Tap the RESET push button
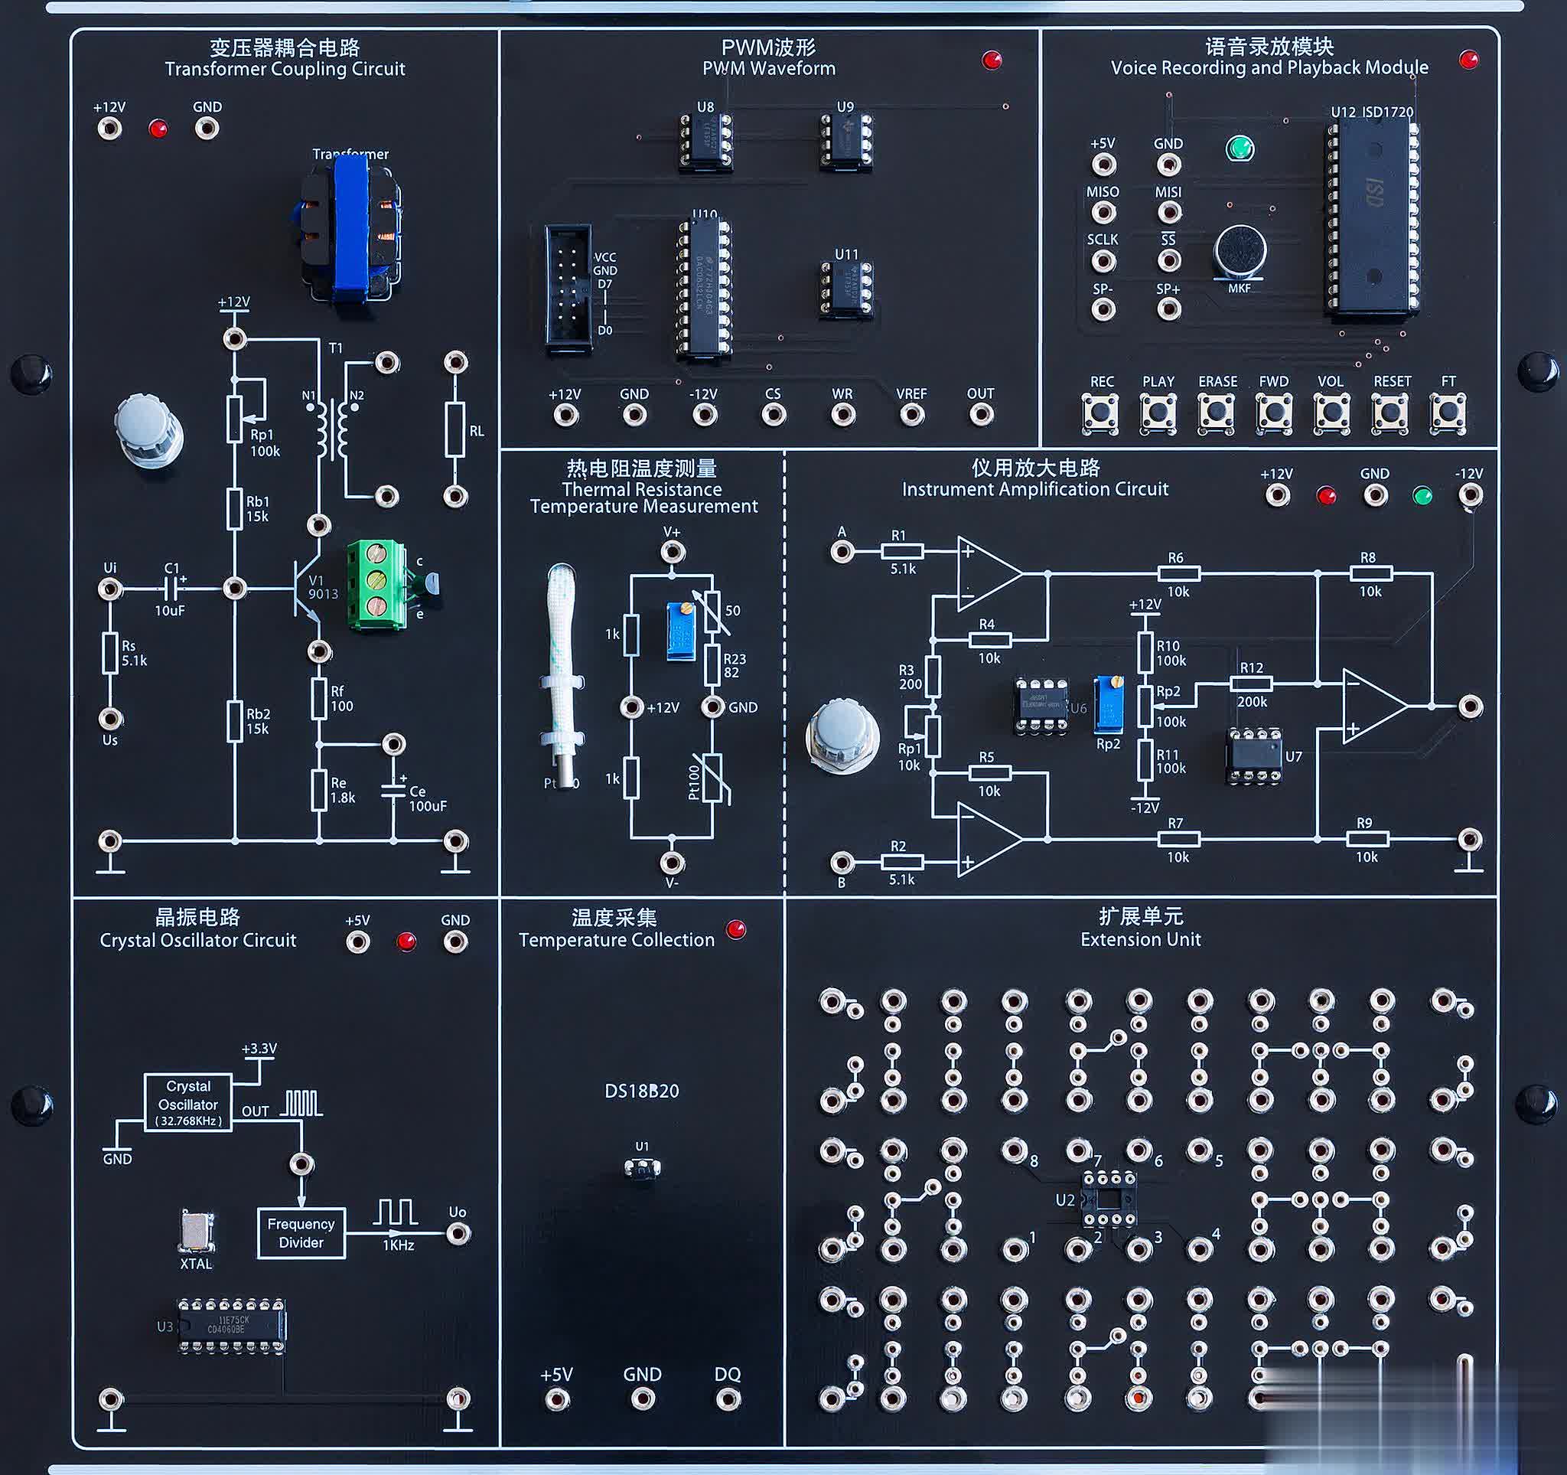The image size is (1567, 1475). click(x=1389, y=413)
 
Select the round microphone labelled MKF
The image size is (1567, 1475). click(x=1239, y=252)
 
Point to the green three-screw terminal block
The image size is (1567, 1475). click(x=376, y=584)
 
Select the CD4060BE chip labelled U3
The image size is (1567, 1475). click(x=231, y=1326)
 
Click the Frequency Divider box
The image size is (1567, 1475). click(x=301, y=1233)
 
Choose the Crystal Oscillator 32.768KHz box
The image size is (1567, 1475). click(x=187, y=1103)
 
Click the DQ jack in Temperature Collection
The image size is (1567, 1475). click(x=727, y=1399)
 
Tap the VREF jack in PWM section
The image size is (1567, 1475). click(x=912, y=414)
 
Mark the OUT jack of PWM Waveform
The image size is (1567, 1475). click(x=981, y=414)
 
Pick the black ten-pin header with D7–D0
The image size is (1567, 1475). click(x=568, y=288)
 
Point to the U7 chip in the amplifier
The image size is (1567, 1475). click(x=1254, y=755)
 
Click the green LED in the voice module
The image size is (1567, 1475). click(x=1240, y=148)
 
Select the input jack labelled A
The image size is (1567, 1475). click(x=842, y=551)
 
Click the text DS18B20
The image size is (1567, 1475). click(x=642, y=1091)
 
